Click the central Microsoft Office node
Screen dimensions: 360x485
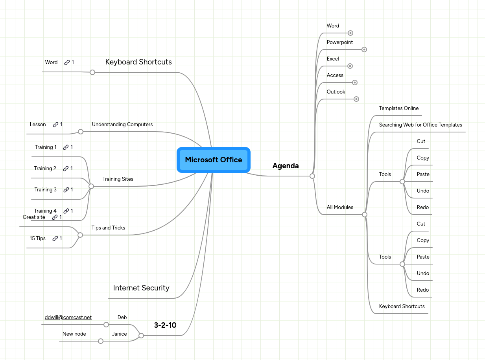(x=214, y=160)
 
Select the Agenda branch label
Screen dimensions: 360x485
(x=286, y=166)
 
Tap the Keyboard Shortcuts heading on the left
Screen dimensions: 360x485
(x=138, y=62)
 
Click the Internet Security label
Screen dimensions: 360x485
(x=141, y=288)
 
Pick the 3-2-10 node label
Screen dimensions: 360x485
(x=165, y=325)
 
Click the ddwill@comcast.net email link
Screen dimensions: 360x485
(x=68, y=318)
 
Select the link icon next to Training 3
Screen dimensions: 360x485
(x=66, y=190)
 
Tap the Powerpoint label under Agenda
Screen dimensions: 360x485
(x=340, y=42)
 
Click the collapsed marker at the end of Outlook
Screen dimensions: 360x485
(x=356, y=99)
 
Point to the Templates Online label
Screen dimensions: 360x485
(x=399, y=108)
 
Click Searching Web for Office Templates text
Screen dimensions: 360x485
(x=420, y=125)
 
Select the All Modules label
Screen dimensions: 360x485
(x=340, y=208)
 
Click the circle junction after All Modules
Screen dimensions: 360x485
(x=365, y=215)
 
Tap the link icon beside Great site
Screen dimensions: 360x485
(x=55, y=217)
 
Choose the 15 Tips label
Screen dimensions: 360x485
(x=38, y=239)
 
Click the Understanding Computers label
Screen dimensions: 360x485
(x=122, y=125)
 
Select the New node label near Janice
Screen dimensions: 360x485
(x=74, y=334)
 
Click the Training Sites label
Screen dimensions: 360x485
(x=118, y=179)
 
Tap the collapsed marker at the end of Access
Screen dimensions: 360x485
(x=355, y=83)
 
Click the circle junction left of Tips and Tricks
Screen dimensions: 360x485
(x=80, y=235)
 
